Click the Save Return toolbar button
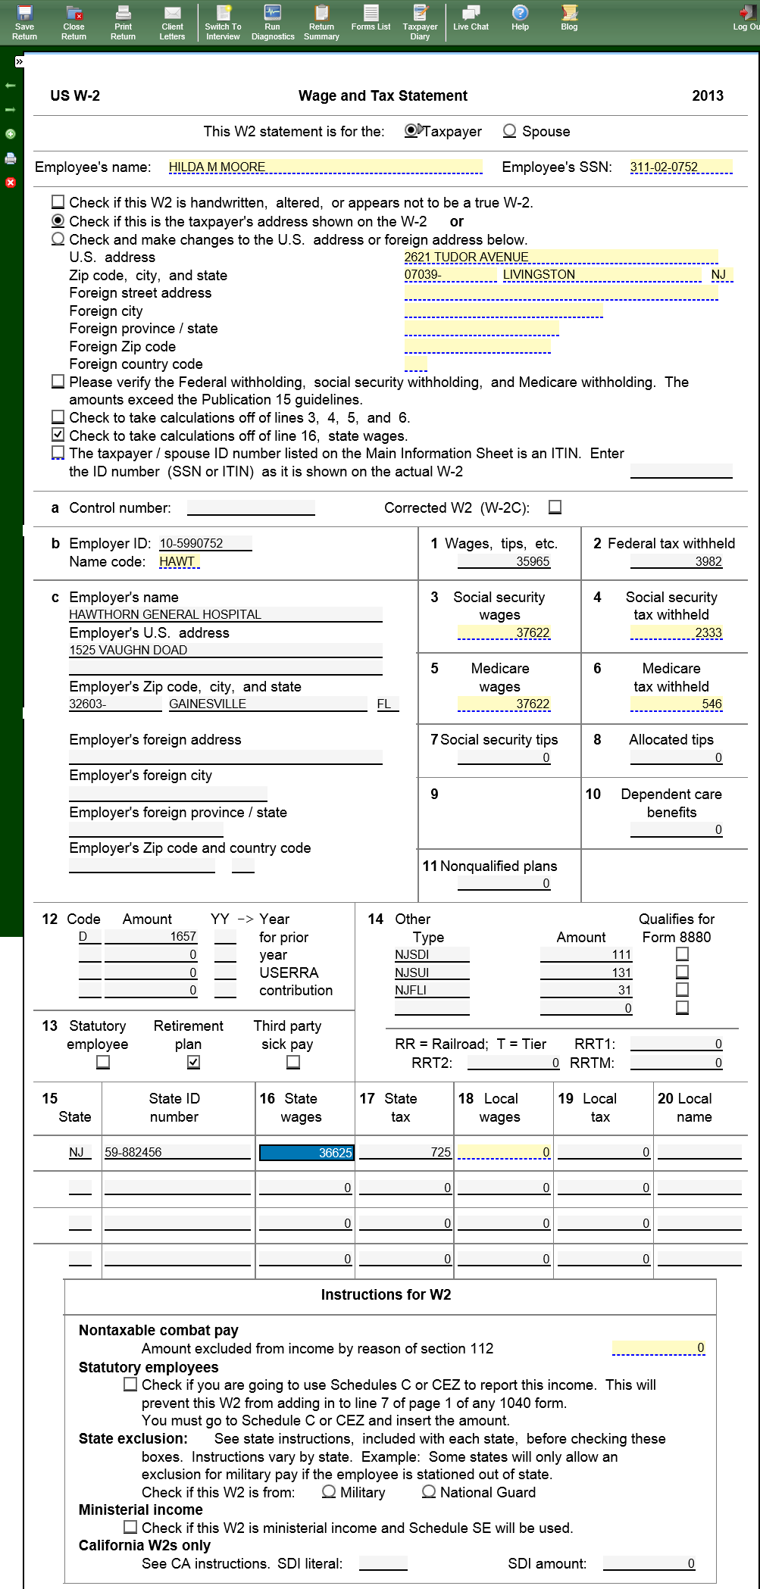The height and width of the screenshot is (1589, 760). pos(24,22)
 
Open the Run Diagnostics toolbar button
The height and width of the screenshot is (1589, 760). pos(273,22)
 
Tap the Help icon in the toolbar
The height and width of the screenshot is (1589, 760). pos(520,17)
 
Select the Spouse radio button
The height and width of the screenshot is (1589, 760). pos(510,131)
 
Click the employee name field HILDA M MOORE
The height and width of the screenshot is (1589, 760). pos(325,167)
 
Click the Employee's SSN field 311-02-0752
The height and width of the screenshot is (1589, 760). pos(680,167)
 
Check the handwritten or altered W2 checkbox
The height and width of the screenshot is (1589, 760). pos(58,202)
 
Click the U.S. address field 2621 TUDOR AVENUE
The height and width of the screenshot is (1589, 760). pos(560,258)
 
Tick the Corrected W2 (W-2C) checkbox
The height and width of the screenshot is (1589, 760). pos(555,507)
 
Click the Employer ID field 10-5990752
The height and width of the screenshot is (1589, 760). pos(205,544)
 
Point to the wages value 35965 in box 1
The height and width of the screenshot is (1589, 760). pos(504,562)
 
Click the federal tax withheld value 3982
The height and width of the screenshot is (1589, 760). pos(677,562)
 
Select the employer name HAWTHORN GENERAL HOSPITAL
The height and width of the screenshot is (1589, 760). pos(225,615)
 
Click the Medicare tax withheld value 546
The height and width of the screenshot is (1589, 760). pos(677,704)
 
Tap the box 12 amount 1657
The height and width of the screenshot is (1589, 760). pos(151,937)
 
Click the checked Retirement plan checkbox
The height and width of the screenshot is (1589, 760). pos(194,1062)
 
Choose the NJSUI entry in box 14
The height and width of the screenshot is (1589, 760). pos(432,972)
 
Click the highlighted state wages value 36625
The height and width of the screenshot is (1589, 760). pos(306,1153)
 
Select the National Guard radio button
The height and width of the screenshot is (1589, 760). pos(429,1491)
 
